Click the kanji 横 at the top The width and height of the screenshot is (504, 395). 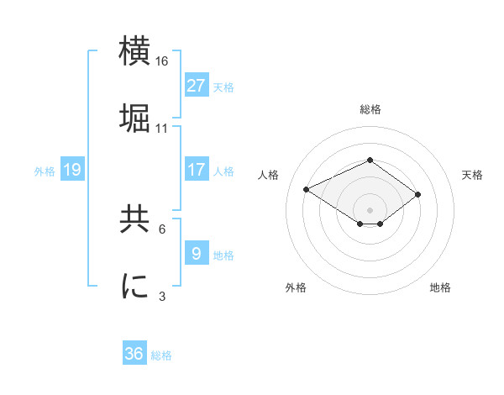click(135, 51)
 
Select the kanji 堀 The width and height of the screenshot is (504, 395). click(135, 117)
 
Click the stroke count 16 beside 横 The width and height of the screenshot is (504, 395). click(162, 61)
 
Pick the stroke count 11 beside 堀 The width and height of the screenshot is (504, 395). click(162, 128)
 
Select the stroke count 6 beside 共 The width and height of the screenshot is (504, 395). click(162, 229)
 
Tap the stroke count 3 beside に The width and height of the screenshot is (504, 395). click(162, 296)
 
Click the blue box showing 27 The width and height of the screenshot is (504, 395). click(197, 85)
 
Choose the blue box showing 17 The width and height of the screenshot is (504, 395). click(197, 170)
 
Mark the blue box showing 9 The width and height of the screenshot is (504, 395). click(197, 253)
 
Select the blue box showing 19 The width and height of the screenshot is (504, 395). click(72, 170)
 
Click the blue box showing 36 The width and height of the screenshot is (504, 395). click(134, 354)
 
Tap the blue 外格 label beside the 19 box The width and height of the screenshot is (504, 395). click(45, 171)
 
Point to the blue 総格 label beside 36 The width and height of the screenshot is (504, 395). click(161, 355)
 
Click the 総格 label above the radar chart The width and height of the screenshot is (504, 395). click(370, 109)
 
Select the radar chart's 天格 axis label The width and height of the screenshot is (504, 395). click(472, 175)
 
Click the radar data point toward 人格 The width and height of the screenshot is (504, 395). click(307, 188)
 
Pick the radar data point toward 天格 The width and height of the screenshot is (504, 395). click(417, 194)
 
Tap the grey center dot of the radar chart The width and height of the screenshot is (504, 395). click(370, 209)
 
